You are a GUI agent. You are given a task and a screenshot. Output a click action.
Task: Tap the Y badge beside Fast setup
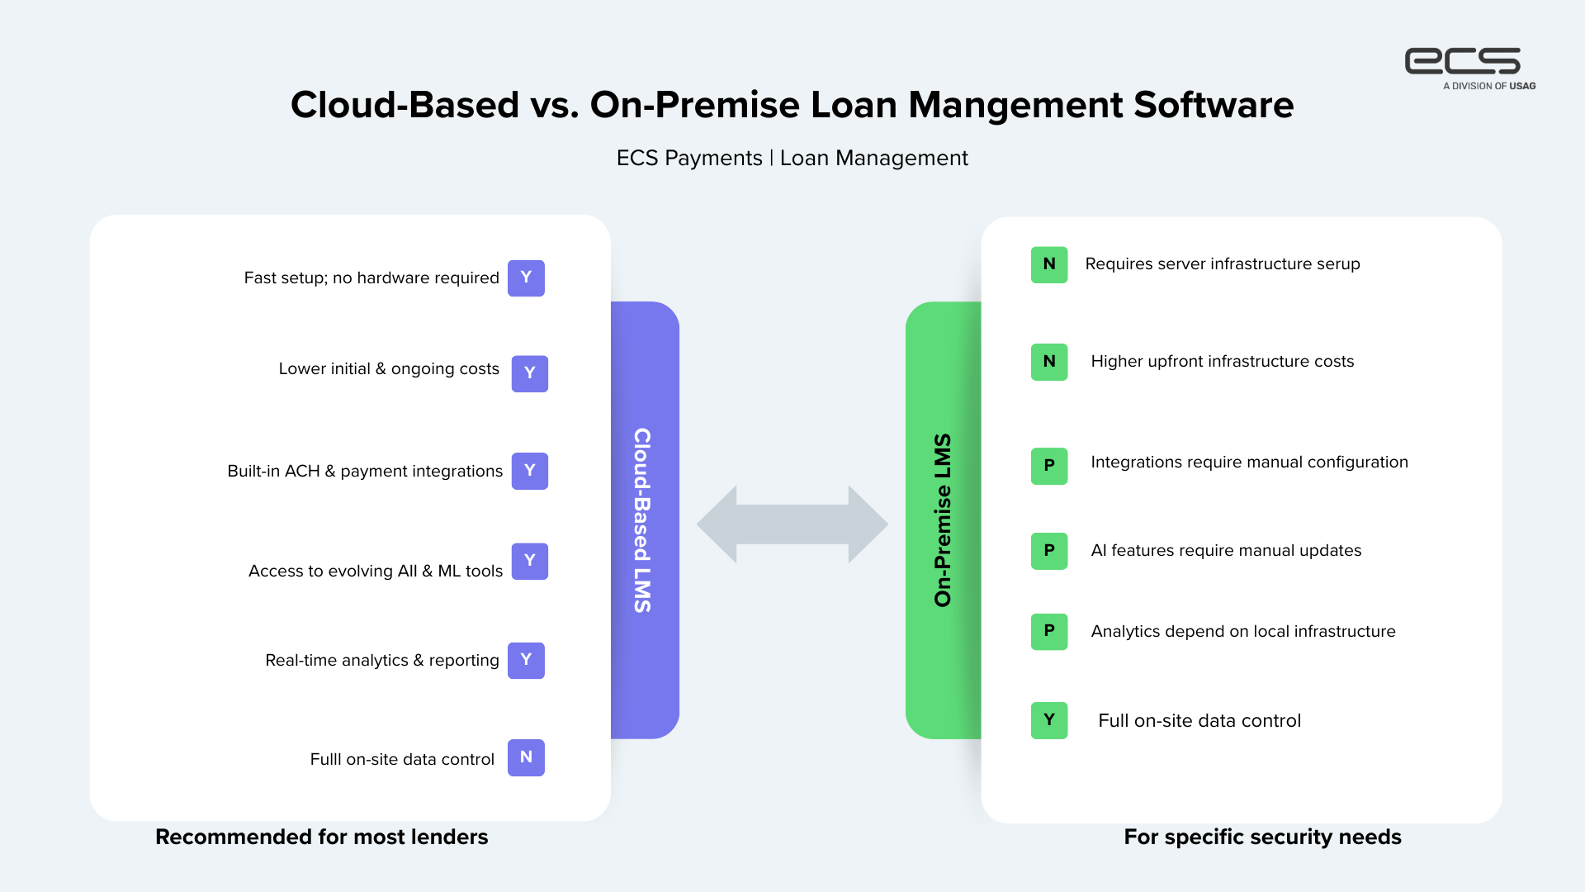click(526, 278)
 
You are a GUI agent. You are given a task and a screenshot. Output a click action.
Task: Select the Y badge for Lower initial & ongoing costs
click(529, 373)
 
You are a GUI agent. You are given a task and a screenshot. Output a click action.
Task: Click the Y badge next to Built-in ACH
click(529, 471)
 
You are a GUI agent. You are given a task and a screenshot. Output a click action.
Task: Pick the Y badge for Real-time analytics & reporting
click(526, 661)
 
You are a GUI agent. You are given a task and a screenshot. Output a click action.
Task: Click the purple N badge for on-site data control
click(526, 757)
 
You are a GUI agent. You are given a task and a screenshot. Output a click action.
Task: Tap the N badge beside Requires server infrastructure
click(1048, 264)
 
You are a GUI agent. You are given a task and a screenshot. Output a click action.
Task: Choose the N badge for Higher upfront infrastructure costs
click(1048, 362)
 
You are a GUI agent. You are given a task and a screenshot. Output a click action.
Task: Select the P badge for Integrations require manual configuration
click(1048, 466)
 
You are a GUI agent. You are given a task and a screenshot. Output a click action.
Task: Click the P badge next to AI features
click(1048, 551)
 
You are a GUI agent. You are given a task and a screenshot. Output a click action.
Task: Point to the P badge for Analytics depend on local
click(1048, 632)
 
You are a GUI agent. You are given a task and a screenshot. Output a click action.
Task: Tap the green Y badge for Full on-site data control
click(1048, 720)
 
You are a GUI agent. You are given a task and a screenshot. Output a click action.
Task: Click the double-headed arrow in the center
click(792, 524)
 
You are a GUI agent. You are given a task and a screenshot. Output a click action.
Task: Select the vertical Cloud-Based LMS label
click(642, 520)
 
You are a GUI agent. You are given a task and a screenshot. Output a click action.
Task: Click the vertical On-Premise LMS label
click(943, 520)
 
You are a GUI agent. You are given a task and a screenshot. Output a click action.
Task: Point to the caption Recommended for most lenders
click(321, 837)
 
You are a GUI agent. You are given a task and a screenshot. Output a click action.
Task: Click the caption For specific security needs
click(1262, 837)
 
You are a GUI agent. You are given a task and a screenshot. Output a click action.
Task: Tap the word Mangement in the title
click(1016, 105)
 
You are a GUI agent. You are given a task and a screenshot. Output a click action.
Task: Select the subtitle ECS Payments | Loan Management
click(792, 158)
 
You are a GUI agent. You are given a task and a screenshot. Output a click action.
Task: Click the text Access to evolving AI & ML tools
click(376, 571)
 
